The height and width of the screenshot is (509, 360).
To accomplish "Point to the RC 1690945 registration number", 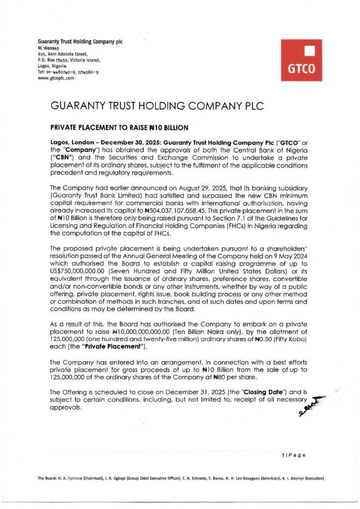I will point(49,48).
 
